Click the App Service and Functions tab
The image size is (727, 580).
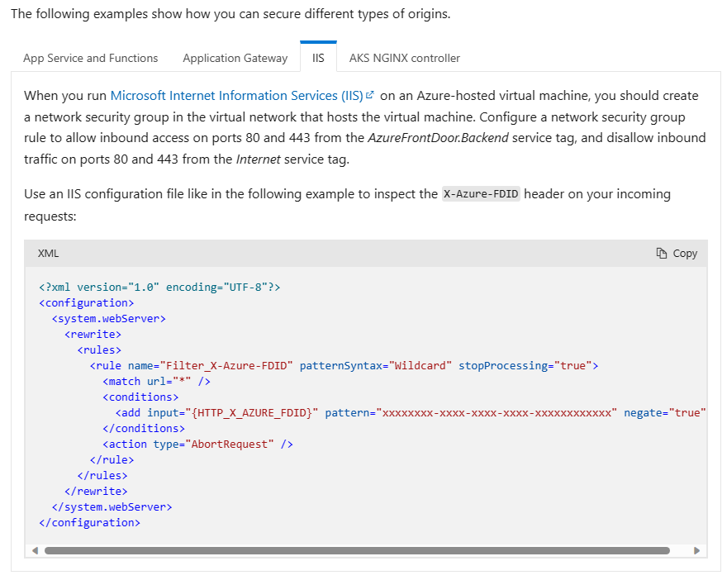pos(90,58)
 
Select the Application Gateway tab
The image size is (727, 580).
pos(235,58)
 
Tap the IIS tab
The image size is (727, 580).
pos(318,58)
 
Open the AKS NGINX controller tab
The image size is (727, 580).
pos(404,58)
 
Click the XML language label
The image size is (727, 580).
pos(48,253)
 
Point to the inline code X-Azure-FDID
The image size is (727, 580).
pos(481,194)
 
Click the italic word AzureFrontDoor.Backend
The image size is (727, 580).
pos(438,138)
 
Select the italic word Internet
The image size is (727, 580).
pos(259,159)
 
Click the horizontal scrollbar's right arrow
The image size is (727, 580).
pos(696,550)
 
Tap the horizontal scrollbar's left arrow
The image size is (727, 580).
pos(35,550)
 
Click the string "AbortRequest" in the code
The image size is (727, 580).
pos(230,445)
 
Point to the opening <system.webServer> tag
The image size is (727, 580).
pos(108,319)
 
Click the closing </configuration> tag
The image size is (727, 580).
pos(89,522)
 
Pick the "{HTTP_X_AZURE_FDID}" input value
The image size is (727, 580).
pos(252,412)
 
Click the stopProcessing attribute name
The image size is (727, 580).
pos(502,366)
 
